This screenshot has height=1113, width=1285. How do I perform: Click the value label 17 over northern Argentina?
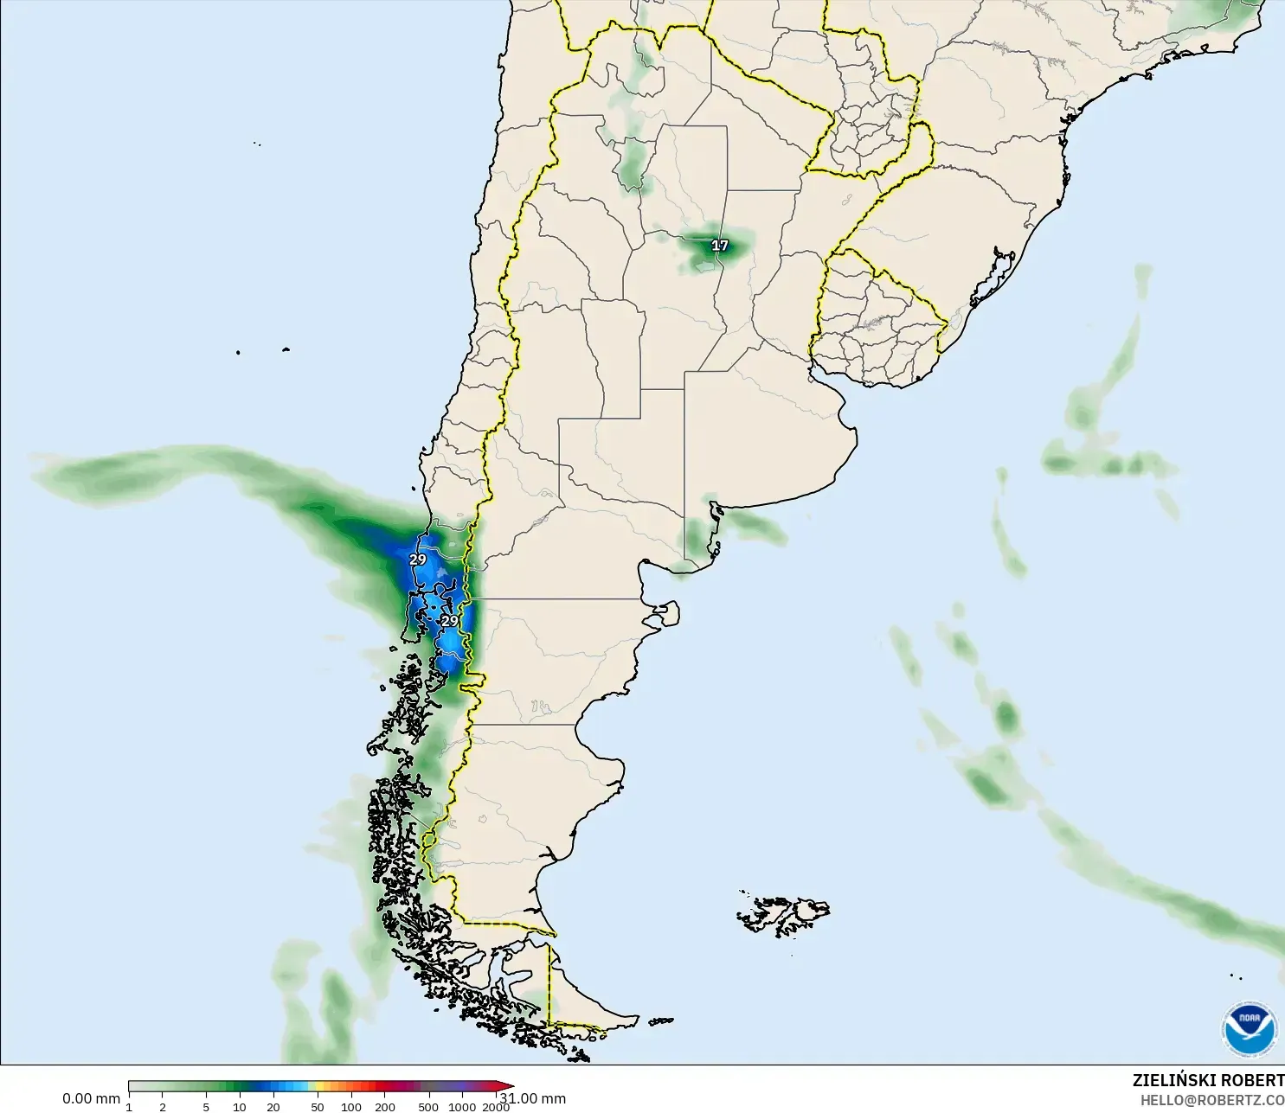(720, 246)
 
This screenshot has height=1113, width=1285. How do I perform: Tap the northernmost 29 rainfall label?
(418, 560)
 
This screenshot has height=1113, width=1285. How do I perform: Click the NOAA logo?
(1249, 1028)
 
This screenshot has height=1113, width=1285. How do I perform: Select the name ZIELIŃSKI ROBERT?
(1208, 1080)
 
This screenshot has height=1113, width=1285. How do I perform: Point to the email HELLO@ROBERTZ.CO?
(1211, 1100)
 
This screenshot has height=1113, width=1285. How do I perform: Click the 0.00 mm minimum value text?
(91, 1098)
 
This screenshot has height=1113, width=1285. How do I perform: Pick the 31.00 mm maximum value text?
(534, 1098)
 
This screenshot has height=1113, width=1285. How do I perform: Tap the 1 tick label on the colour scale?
(129, 1107)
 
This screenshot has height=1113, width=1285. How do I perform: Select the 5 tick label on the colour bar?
(206, 1107)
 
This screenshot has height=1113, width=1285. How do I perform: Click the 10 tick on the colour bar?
(239, 1107)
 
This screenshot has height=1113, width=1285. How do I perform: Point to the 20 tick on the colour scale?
(273, 1107)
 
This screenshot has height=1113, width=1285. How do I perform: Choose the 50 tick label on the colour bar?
(318, 1107)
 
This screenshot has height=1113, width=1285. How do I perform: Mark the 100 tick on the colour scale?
(351, 1107)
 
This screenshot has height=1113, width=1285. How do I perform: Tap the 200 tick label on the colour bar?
(385, 1107)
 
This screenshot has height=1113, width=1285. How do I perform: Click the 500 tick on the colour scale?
(428, 1107)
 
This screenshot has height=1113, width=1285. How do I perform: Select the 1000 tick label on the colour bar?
(462, 1107)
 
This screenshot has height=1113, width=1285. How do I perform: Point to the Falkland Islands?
(783, 914)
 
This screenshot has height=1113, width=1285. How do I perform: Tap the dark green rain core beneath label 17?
(711, 254)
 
